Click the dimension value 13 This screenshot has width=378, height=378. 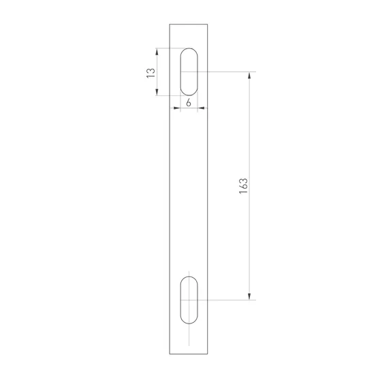(x=151, y=72)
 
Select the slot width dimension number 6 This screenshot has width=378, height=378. (x=188, y=102)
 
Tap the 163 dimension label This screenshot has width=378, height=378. (x=243, y=186)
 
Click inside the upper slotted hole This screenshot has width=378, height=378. (x=189, y=72)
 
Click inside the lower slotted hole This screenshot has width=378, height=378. (x=189, y=300)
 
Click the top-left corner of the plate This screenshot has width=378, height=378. (x=169, y=25)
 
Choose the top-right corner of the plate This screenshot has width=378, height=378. (x=210, y=25)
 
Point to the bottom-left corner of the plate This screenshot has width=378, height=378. (x=169, y=355)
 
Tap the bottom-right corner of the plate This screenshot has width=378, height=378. (x=210, y=355)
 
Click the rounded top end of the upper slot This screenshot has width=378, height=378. (x=189, y=50)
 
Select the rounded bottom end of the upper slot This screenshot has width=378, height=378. (x=189, y=94)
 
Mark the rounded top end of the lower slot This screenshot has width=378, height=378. (x=189, y=278)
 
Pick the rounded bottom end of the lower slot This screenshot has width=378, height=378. (x=189, y=321)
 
